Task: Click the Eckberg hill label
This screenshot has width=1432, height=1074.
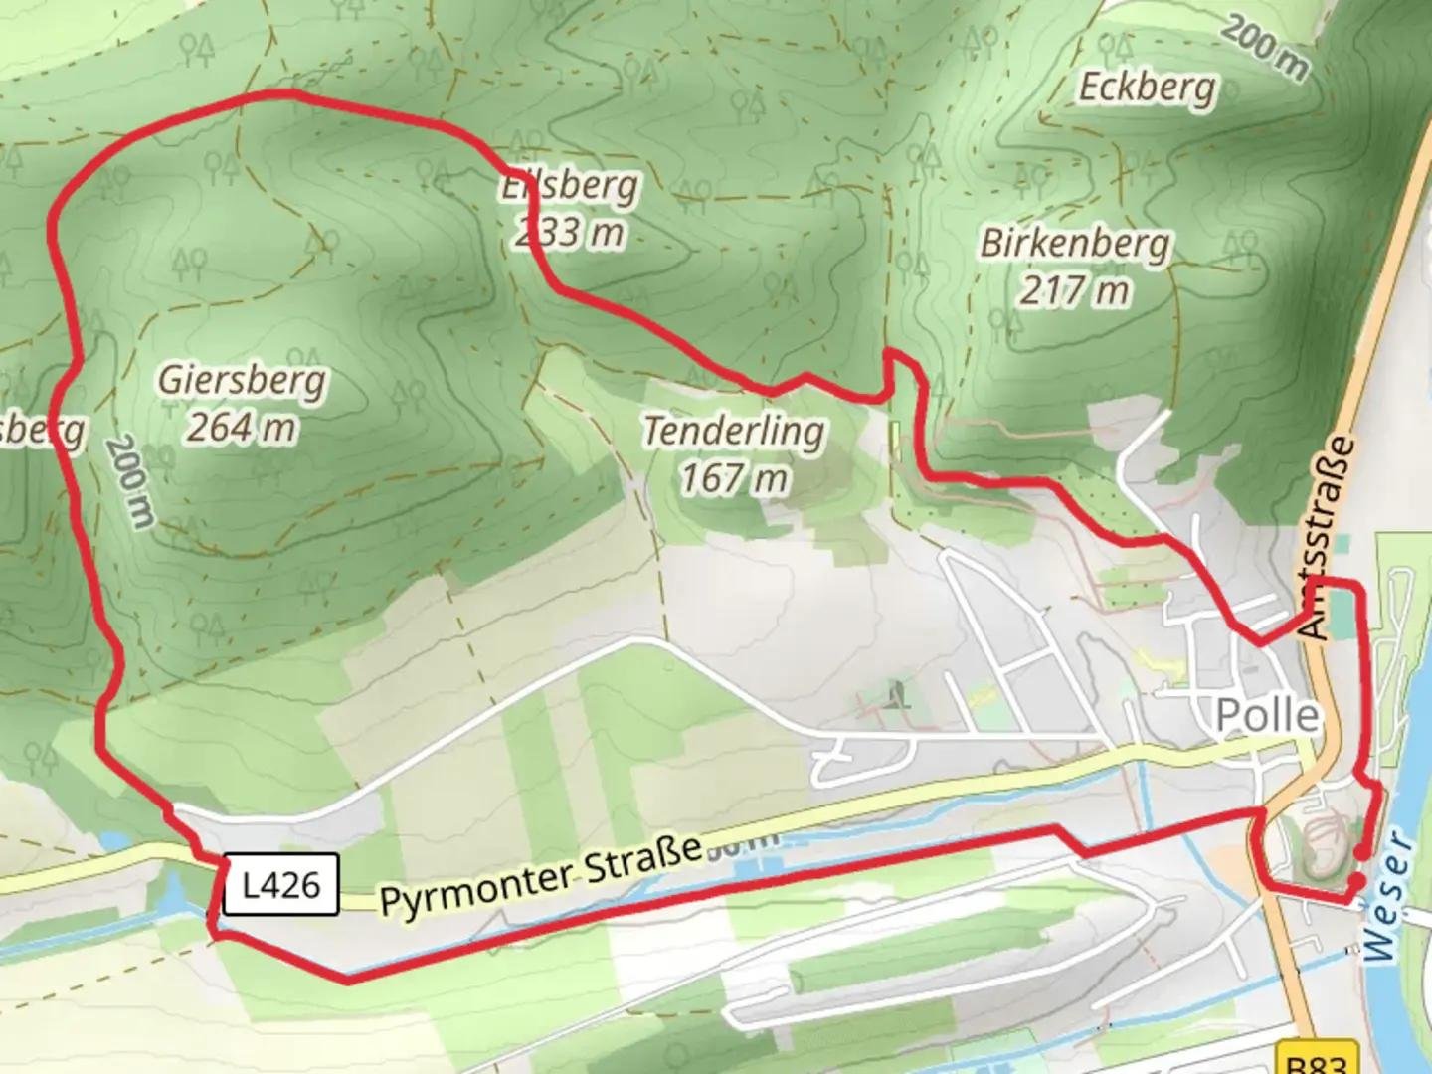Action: click(1148, 87)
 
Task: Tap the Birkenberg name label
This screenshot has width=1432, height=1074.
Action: click(1075, 243)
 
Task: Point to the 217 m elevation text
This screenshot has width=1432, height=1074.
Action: click(1074, 290)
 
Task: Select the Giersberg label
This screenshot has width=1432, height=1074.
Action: click(242, 380)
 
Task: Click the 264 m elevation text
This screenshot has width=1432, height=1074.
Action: click(242, 428)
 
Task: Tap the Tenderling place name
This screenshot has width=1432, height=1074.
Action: click(734, 431)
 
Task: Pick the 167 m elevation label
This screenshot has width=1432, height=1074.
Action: click(734, 478)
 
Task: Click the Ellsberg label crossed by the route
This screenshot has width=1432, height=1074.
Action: click(571, 185)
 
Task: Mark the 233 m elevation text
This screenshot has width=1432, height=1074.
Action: click(571, 233)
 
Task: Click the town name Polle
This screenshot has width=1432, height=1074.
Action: click(1268, 715)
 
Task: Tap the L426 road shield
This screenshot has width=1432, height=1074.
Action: click(281, 884)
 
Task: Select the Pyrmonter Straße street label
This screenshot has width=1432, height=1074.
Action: click(541, 875)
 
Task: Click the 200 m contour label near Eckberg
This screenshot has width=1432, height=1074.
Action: click(1265, 47)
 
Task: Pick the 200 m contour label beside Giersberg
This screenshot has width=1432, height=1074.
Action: click(130, 481)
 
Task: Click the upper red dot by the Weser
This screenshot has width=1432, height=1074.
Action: click(1358, 852)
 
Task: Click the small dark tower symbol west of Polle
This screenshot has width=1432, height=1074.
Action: click(899, 692)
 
